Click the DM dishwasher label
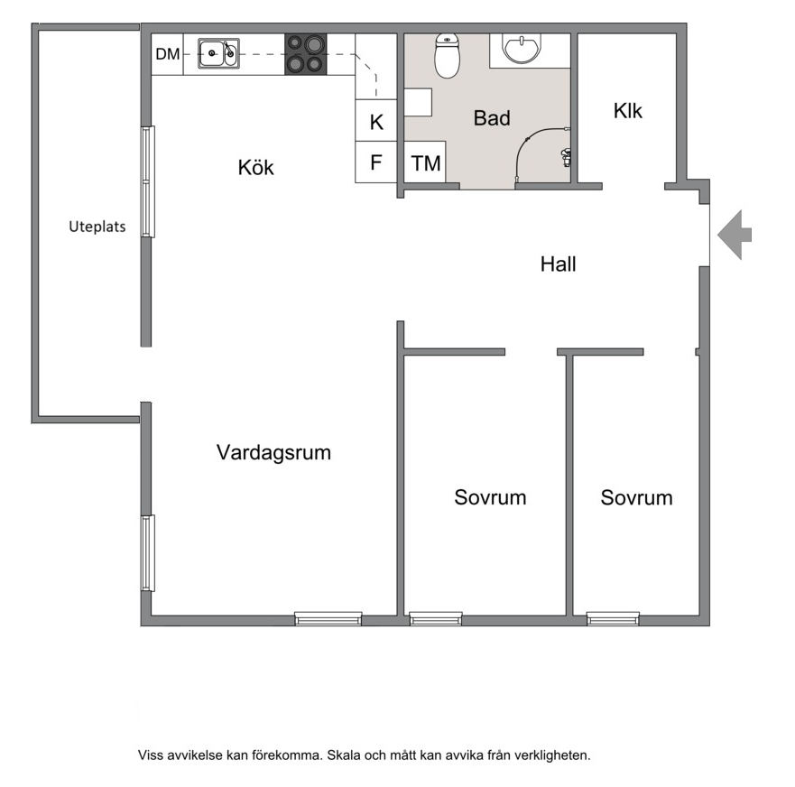click(167, 54)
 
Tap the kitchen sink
click(218, 53)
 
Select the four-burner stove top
click(306, 54)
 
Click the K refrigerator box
click(375, 120)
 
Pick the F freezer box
click(375, 162)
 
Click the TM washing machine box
click(425, 162)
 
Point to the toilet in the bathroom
click(448, 56)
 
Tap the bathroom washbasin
click(522, 48)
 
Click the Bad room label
click(492, 118)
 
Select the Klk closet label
click(628, 110)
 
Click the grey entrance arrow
click(735, 235)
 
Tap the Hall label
click(559, 264)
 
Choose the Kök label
click(256, 167)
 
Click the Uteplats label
click(97, 227)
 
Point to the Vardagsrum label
click(273, 452)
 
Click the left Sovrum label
click(490, 497)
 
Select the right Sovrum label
click(637, 498)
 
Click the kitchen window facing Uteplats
click(148, 181)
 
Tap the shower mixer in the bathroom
click(566, 158)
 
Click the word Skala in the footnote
click(342, 755)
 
